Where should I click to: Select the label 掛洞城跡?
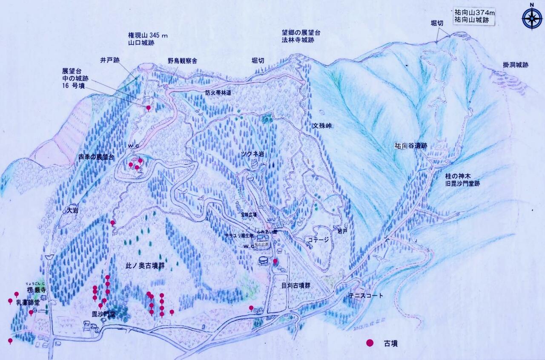coord(515,65)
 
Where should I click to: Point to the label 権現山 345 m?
coord(148,35)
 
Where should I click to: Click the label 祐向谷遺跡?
coord(410,146)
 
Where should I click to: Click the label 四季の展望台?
coord(97,157)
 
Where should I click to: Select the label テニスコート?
coord(366,296)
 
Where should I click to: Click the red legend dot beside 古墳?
coord(370,343)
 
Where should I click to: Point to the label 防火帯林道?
coord(218,92)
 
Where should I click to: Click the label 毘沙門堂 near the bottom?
coord(104,314)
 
